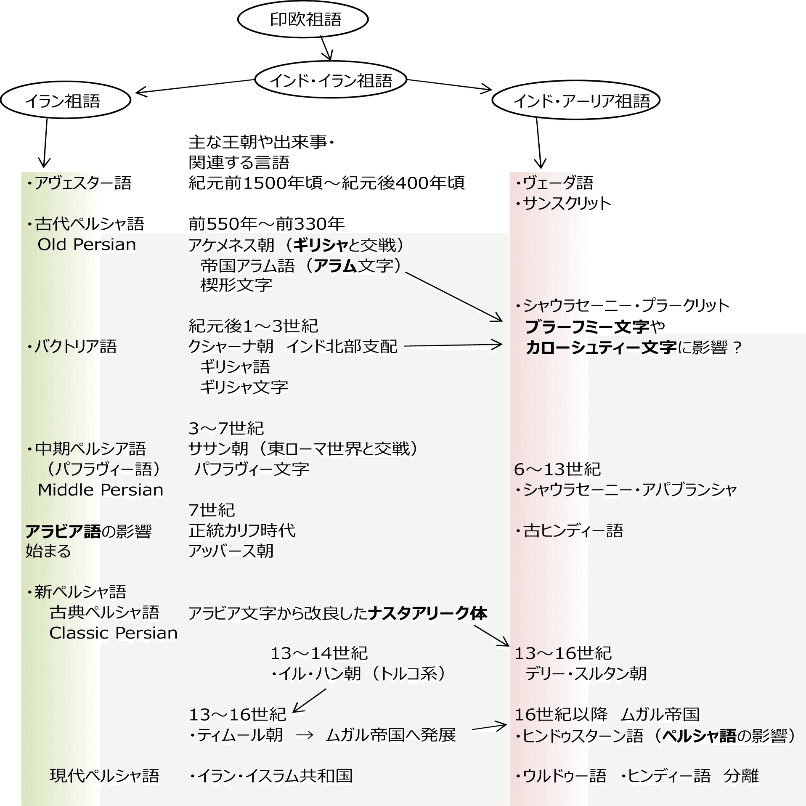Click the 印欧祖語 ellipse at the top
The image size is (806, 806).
point(303,19)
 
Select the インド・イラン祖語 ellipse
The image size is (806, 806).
point(331,80)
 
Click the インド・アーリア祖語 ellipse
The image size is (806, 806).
point(575,101)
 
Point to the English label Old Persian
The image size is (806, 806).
point(87,244)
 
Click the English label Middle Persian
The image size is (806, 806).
point(100,490)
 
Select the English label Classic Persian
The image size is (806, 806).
point(113,633)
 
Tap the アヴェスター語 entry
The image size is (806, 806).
point(80,183)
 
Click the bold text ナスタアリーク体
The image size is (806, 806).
point(427,613)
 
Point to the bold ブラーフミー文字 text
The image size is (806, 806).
point(587,326)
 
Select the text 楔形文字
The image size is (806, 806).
point(236,285)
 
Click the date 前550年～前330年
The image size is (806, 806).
point(266,224)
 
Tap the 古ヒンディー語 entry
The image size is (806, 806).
point(570,530)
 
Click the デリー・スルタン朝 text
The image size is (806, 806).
point(586,673)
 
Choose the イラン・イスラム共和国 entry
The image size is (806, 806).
point(271,775)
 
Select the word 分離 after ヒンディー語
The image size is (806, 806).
point(741,775)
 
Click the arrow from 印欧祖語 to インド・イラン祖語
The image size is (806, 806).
point(326,48)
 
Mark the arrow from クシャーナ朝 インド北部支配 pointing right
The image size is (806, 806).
point(453,345)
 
